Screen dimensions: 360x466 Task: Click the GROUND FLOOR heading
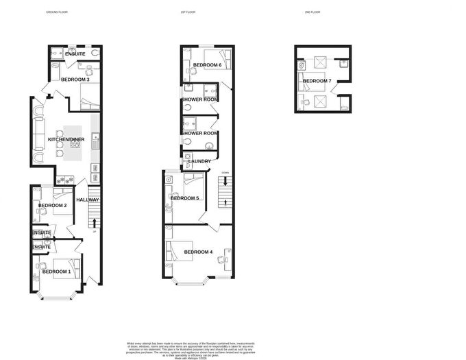pyautogui.click(x=57, y=12)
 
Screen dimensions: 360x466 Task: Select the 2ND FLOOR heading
pyautogui.click(x=312, y=12)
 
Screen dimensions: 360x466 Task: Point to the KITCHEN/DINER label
pyautogui.click(x=66, y=139)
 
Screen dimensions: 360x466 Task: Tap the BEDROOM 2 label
pyautogui.click(x=52, y=205)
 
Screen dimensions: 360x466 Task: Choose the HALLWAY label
pyautogui.click(x=88, y=200)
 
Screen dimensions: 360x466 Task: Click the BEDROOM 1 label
pyautogui.click(x=56, y=272)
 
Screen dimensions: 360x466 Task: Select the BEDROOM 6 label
pyautogui.click(x=207, y=65)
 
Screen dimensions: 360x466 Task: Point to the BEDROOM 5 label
pyautogui.click(x=185, y=198)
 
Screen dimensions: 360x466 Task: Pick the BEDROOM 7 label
pyautogui.click(x=317, y=81)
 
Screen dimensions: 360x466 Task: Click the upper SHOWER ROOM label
pyautogui.click(x=199, y=99)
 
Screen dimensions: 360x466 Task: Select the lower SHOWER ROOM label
pyautogui.click(x=199, y=133)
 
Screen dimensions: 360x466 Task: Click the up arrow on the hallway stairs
pyautogui.click(x=93, y=221)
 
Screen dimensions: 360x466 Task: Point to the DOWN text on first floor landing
pyautogui.click(x=225, y=172)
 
